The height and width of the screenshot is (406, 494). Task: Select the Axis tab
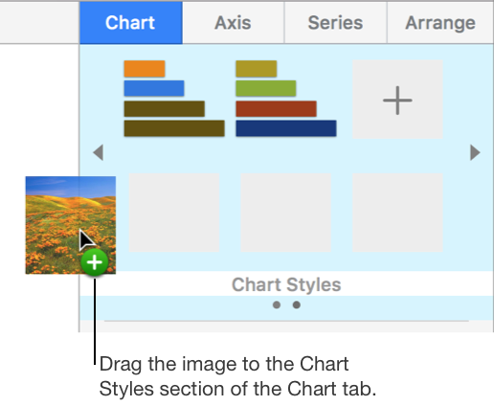click(x=234, y=21)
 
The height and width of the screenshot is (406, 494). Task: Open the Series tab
click(x=335, y=21)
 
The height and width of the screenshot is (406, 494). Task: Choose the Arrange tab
click(x=440, y=21)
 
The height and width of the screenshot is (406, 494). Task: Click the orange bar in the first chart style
click(x=145, y=69)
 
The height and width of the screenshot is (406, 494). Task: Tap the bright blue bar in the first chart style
click(x=153, y=88)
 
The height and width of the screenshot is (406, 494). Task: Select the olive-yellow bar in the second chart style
click(x=256, y=69)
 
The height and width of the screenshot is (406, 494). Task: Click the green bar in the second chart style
click(x=265, y=89)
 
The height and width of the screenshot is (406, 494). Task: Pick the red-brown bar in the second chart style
click(x=276, y=108)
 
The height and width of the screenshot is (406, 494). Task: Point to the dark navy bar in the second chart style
click(x=285, y=127)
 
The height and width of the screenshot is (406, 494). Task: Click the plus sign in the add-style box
click(x=397, y=101)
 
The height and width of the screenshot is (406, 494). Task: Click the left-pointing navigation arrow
click(x=97, y=152)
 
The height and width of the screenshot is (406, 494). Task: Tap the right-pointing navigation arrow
click(x=475, y=152)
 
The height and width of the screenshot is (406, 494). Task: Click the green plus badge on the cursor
click(x=95, y=263)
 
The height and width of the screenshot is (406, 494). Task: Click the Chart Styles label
click(x=286, y=284)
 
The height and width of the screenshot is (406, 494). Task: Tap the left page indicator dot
click(x=276, y=305)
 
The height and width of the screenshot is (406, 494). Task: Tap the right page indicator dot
click(x=297, y=305)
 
